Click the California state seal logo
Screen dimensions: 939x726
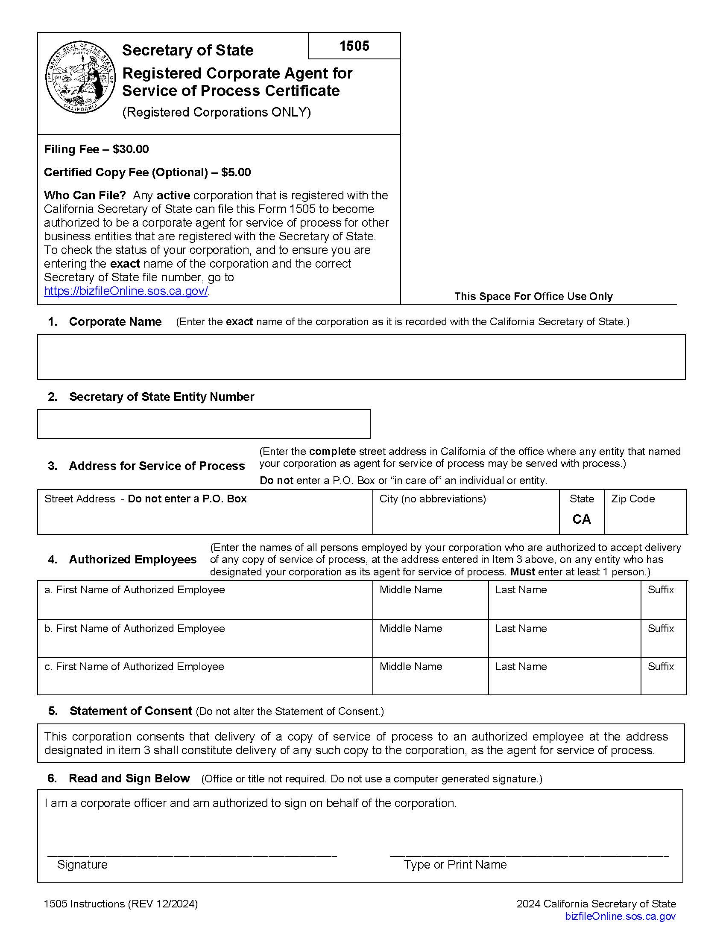coord(80,77)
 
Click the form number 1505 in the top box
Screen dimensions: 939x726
coord(354,46)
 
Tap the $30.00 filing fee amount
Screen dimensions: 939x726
coord(131,149)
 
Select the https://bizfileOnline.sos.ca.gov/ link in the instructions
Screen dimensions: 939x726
coord(126,291)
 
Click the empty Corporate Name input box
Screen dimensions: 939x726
coord(361,357)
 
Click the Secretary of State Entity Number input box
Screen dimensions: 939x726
coord(203,424)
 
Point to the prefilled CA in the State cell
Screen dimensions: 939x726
coord(582,519)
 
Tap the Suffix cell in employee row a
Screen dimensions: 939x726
coord(663,600)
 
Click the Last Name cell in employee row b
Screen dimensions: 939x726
coord(564,639)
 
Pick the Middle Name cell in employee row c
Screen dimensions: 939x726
coord(430,677)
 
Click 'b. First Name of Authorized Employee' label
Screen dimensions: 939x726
coord(135,629)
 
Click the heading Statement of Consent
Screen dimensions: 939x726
coord(131,711)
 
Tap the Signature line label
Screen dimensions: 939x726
coord(82,865)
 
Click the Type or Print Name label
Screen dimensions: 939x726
coord(455,865)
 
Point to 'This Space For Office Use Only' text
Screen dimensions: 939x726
coord(533,296)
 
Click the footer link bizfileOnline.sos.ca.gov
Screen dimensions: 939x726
coord(620,916)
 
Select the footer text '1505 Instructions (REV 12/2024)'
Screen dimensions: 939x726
coord(121,904)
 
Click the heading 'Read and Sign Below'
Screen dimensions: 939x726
coord(129,779)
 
